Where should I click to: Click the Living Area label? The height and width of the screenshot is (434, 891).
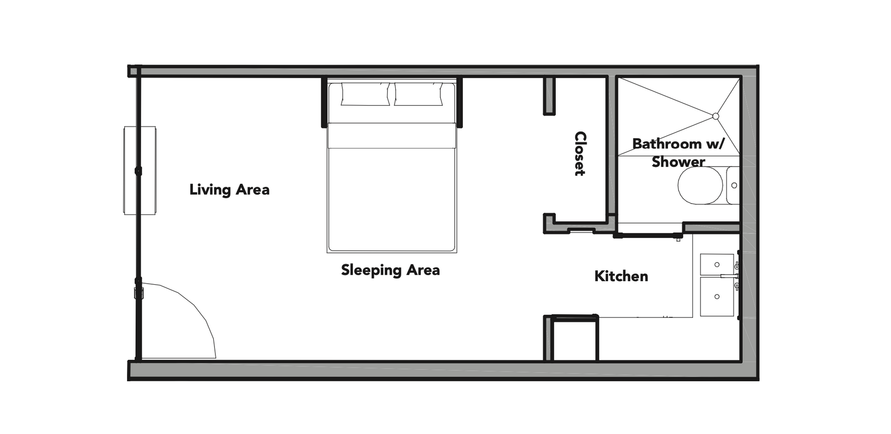pyautogui.click(x=229, y=190)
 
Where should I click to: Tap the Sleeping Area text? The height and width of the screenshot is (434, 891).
pyautogui.click(x=390, y=270)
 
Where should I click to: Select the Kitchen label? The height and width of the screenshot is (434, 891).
pyautogui.click(x=621, y=276)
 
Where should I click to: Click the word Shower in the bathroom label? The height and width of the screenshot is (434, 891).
pyautogui.click(x=678, y=162)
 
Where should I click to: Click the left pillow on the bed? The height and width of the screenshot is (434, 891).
pyautogui.click(x=365, y=94)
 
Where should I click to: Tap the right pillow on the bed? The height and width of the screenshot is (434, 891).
pyautogui.click(x=418, y=94)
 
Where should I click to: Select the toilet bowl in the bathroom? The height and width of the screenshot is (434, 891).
pyautogui.click(x=700, y=186)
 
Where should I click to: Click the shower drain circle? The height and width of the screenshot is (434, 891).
pyautogui.click(x=715, y=116)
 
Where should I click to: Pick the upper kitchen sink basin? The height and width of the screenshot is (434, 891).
pyautogui.click(x=717, y=264)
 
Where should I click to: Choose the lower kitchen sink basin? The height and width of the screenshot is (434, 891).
pyautogui.click(x=717, y=296)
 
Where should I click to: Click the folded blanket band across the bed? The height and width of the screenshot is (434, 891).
pyautogui.click(x=391, y=136)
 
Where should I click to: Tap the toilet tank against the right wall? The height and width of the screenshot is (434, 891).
pyautogui.click(x=733, y=186)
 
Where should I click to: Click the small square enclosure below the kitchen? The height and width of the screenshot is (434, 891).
pyautogui.click(x=575, y=339)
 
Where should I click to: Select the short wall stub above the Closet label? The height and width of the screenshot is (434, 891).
pyautogui.click(x=549, y=96)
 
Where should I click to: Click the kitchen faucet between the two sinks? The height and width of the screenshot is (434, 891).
pyautogui.click(x=729, y=276)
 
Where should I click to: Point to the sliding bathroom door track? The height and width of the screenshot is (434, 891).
pyautogui.click(x=648, y=236)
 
